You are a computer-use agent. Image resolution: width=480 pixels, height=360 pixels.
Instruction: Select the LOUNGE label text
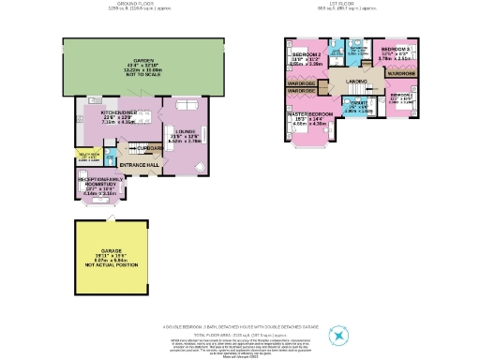(x=184, y=131)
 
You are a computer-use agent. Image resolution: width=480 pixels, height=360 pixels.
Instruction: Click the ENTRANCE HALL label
(x=139, y=166)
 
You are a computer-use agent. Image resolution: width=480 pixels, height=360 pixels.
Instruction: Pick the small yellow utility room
(x=88, y=157)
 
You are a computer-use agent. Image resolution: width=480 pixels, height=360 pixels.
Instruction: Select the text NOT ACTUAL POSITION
(x=111, y=265)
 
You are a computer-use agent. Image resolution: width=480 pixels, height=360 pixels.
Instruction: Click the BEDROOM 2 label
(x=307, y=55)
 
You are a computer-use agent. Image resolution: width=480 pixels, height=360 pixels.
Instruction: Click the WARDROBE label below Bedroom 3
(x=402, y=72)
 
